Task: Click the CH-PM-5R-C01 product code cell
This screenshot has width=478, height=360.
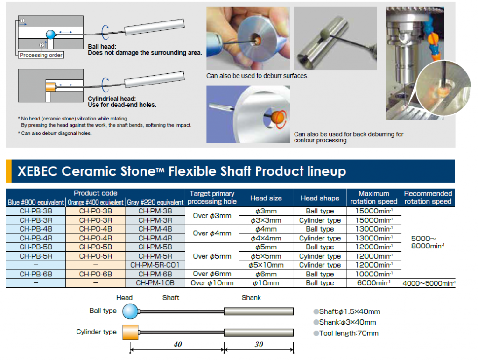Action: pos(155,265)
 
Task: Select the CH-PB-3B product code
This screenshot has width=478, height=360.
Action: pos(35,211)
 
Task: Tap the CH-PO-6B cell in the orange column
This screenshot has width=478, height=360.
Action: pos(95,274)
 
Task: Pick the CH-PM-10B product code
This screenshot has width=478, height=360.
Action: pos(155,283)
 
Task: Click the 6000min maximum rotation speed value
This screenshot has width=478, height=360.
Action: pos(373,283)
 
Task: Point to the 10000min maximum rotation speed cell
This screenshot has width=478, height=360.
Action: pos(373,274)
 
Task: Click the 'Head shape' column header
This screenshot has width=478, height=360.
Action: pos(320,198)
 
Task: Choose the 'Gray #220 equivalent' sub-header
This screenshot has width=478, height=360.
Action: pos(155,203)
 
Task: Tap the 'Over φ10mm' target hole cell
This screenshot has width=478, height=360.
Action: pos(212,283)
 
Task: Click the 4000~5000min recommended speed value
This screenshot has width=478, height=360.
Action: pos(428,283)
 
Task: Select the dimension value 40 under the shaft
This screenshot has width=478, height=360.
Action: pos(177,345)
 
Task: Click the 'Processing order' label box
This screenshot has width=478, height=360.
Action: pos(41,55)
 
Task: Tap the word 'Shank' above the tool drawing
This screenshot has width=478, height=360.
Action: pos(251,298)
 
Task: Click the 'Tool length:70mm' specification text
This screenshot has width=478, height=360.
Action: pos(349,333)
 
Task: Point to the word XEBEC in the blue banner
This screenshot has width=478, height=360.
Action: pos(37,171)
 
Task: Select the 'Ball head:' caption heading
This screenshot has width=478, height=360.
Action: pos(102,47)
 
